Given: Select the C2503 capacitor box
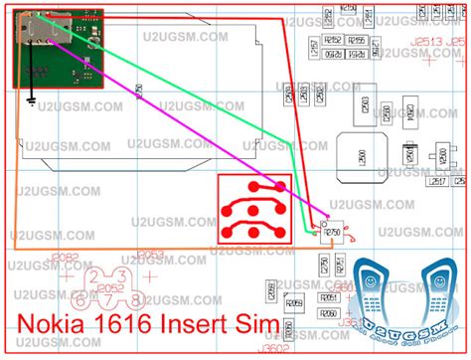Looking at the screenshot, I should point(366,104).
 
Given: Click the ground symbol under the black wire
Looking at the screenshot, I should point(33,99).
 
